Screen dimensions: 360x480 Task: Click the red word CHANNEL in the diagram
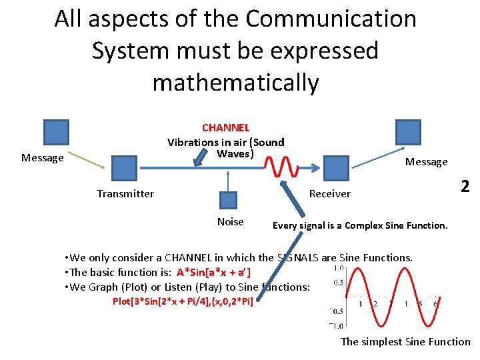[225, 127]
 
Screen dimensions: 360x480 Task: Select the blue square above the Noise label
[228, 201]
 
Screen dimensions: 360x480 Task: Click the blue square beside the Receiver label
[336, 167]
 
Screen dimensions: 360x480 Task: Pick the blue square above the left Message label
[56, 132]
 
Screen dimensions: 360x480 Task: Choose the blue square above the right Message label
[408, 132]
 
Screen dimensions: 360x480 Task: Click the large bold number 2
[465, 187]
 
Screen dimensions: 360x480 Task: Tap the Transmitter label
[125, 194]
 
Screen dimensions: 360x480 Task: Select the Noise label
[231, 222]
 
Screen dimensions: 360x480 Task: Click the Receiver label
[330, 194]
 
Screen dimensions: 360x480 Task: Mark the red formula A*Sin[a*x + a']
[214, 272]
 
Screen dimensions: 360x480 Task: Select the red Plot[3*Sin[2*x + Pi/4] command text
[183, 301]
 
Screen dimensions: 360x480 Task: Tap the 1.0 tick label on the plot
[339, 269]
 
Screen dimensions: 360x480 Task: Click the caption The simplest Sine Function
[405, 342]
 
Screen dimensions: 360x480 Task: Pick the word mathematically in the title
[235, 83]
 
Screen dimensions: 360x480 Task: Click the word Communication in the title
[331, 19]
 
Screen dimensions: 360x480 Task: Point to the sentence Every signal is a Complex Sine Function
[360, 225]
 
